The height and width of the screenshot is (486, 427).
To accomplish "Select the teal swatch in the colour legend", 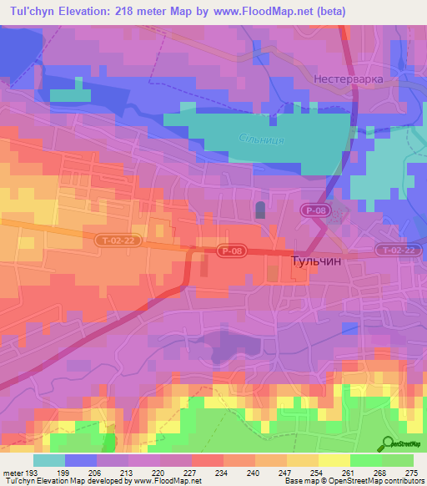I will click(49, 460).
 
